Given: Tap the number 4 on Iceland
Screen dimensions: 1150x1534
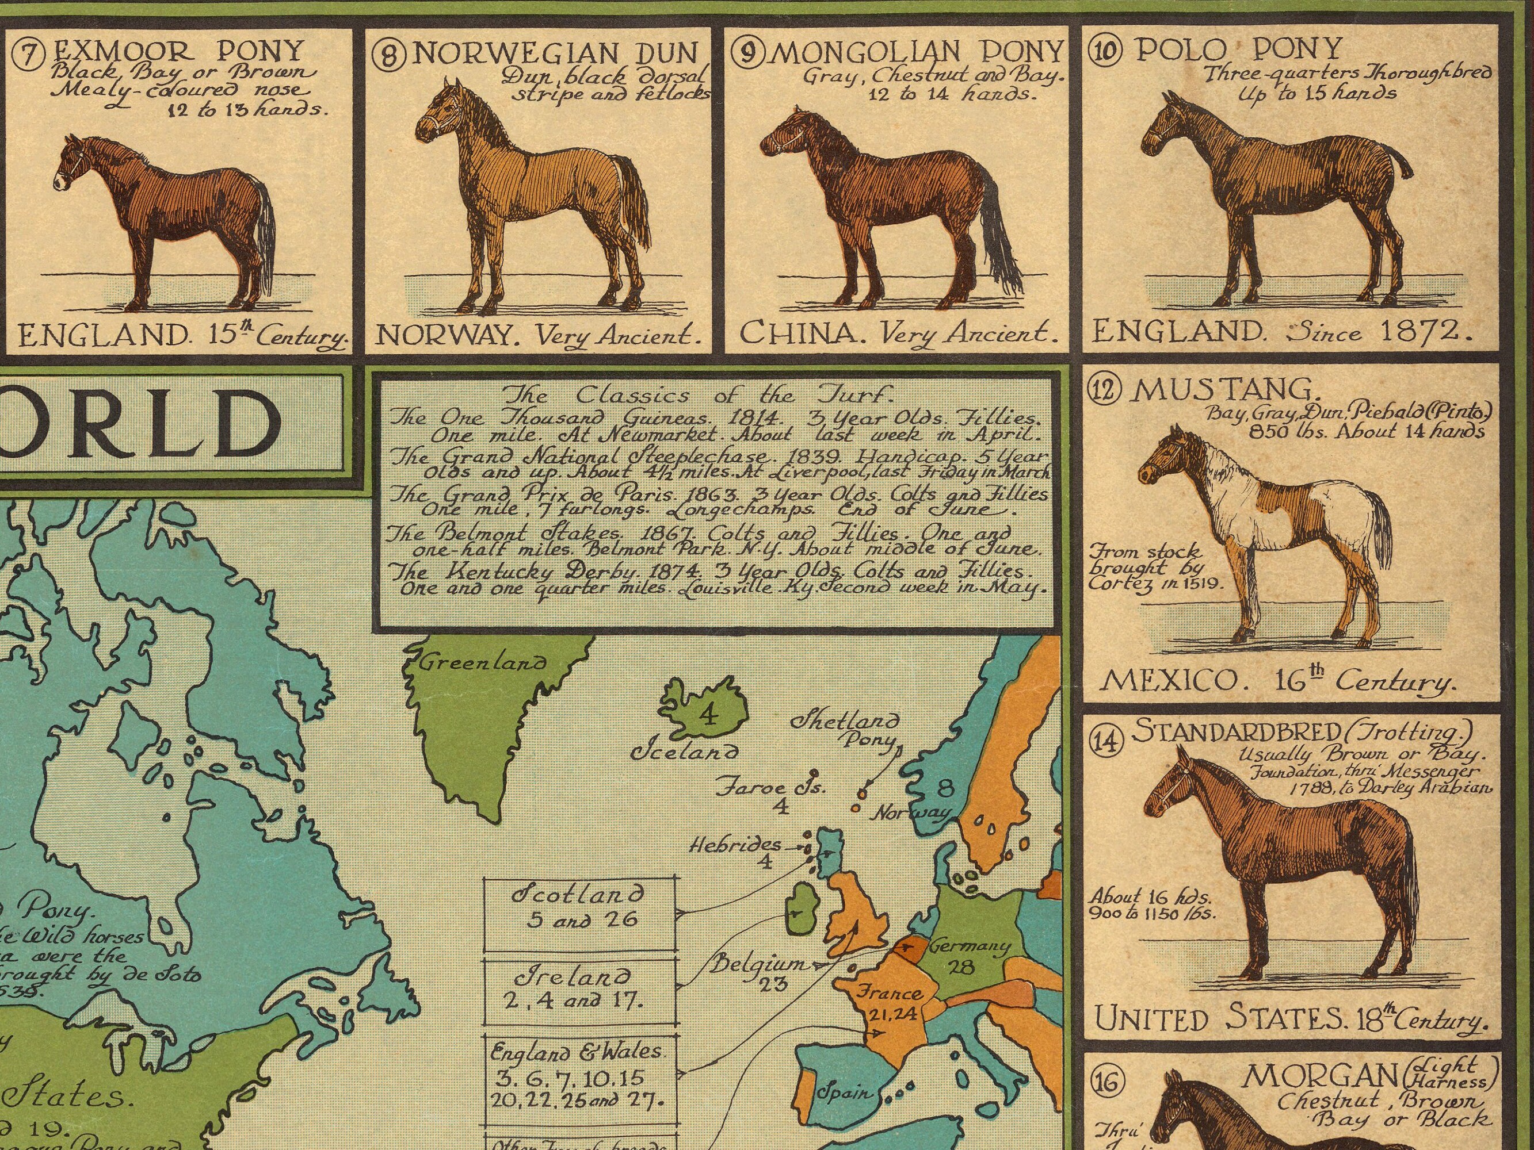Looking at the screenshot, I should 707,714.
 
